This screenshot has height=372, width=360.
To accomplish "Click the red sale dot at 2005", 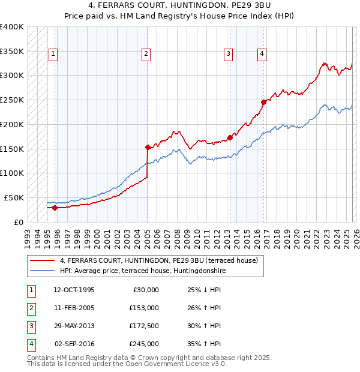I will click(x=148, y=146).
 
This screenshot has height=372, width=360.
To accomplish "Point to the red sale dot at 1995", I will click(x=55, y=208).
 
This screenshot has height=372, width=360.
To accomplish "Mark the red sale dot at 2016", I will click(x=263, y=102).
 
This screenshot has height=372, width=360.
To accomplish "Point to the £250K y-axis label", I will click(x=11, y=100).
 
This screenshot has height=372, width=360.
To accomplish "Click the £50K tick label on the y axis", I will click(x=14, y=197).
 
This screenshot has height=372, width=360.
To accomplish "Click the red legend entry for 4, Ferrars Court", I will click(x=158, y=260).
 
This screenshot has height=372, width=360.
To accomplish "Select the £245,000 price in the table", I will click(x=144, y=344).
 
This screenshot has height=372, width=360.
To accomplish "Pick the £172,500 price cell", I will click(x=144, y=326).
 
